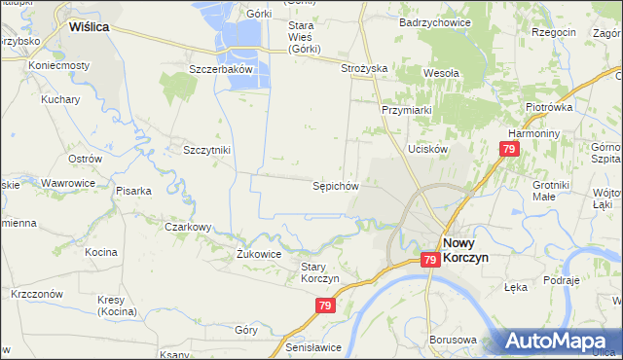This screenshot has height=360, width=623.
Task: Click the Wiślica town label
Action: [89, 28]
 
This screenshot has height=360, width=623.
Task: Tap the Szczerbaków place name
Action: [221, 70]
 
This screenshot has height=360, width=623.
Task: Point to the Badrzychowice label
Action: [435, 20]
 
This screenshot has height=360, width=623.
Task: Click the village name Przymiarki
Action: [406, 110]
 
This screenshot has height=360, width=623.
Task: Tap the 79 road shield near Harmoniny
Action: [509, 149]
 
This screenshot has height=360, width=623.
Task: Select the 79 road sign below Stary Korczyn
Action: [326, 306]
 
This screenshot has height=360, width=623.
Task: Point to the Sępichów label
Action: [336, 185]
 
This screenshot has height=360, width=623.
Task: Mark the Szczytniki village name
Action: [206, 150]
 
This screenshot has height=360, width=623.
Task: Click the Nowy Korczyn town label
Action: [464, 252]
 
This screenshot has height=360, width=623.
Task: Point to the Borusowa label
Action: [452, 340]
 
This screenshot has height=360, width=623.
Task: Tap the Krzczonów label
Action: [37, 294]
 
